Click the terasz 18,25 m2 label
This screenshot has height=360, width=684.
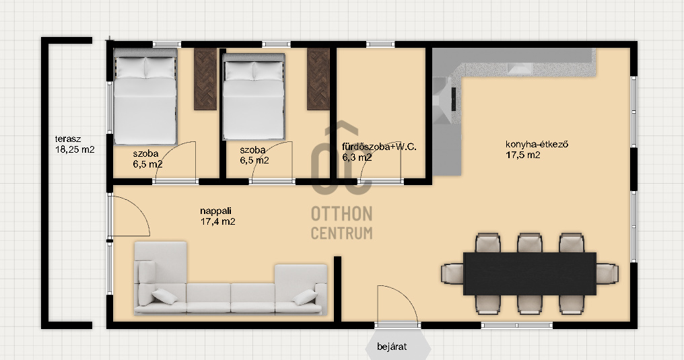pyautogui.click(x=75, y=144)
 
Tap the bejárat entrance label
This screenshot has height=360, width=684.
pyautogui.click(x=392, y=347)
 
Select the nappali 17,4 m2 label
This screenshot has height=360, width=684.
pyautogui.click(x=217, y=216)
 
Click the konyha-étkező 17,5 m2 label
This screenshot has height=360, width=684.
pyautogui.click(x=537, y=149)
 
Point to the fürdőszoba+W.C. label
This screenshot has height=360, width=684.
pyautogui.click(x=379, y=147)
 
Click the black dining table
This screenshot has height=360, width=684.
pyautogui.click(x=530, y=273)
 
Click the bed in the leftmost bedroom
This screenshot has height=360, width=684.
pyautogui.click(x=145, y=96)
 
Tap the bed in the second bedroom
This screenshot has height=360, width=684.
pyautogui.click(x=253, y=97)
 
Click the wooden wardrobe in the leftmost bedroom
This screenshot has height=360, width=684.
pyautogui.click(x=205, y=79)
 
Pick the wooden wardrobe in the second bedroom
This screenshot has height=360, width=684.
pyautogui.click(x=318, y=79)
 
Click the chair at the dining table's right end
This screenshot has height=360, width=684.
pyautogui.click(x=607, y=274)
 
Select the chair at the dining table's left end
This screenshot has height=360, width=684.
pyautogui.click(x=452, y=274)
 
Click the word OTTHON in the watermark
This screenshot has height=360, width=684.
pyautogui.click(x=341, y=213)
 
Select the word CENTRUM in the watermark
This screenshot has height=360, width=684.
pyautogui.click(x=341, y=233)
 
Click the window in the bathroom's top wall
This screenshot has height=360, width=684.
pyautogui.click(x=380, y=44)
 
